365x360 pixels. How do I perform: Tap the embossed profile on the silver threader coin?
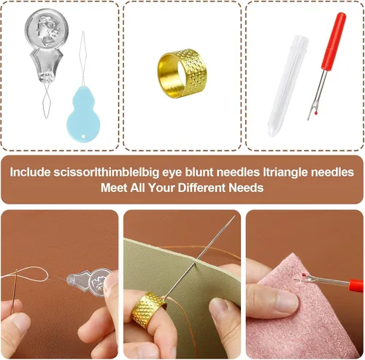pos(45,31)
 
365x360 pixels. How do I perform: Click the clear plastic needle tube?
pos(288,85)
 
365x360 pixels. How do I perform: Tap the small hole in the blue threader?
pos(84,137)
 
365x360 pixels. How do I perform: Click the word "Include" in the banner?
pos(30,172)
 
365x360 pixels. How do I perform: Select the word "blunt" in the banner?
pos(199,172)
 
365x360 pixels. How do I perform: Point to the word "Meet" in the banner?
pos(114,188)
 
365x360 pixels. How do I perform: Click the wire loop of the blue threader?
pos(83,58)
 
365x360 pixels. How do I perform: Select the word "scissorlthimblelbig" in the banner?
pos(107,172)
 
